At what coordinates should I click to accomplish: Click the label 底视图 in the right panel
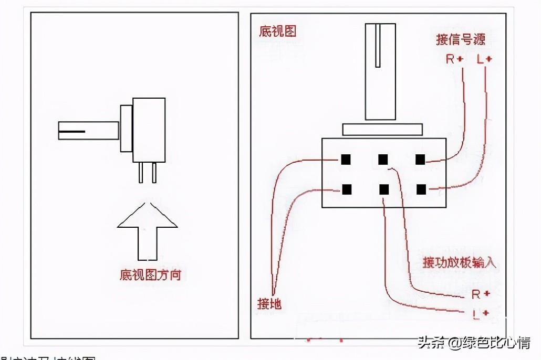click(x=278, y=31)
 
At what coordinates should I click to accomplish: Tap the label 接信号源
click(x=461, y=39)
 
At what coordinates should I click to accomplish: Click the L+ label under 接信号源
click(x=484, y=59)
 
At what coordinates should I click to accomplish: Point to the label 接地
click(x=269, y=303)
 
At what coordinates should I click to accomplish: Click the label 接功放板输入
click(x=459, y=262)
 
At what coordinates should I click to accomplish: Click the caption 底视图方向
click(x=151, y=275)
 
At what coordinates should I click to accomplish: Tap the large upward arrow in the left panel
click(x=147, y=231)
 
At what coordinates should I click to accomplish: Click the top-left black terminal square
click(x=346, y=159)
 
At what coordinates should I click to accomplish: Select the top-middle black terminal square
click(x=383, y=159)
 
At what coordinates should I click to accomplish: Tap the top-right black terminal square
click(x=420, y=159)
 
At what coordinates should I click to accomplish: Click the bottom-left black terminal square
click(x=346, y=189)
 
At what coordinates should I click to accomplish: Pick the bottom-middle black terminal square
click(x=383, y=189)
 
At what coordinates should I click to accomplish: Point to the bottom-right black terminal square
click(x=421, y=189)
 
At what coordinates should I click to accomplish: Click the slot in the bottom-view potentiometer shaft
click(x=378, y=46)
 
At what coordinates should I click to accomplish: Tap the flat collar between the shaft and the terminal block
click(x=382, y=130)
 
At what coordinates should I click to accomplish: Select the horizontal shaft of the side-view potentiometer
click(x=88, y=131)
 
